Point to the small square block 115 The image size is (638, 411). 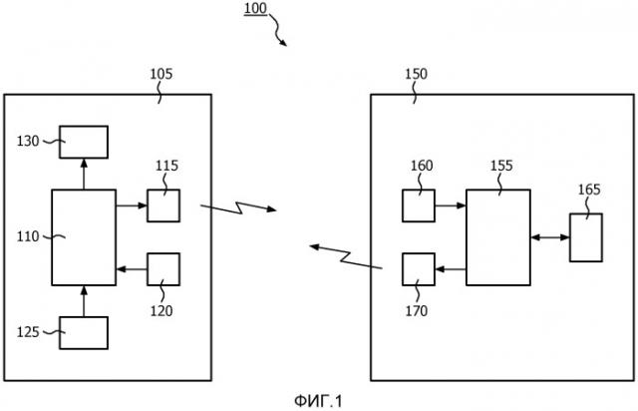click(x=163, y=205)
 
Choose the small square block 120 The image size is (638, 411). click(x=163, y=269)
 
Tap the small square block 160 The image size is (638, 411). click(x=418, y=205)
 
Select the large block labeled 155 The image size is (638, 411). click(x=497, y=236)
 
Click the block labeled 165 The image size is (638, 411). click(x=586, y=237)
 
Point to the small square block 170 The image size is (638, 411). click(x=418, y=269)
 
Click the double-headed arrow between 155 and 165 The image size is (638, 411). click(x=549, y=237)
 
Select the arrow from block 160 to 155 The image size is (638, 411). click(x=450, y=205)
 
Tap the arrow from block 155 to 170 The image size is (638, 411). click(x=450, y=269)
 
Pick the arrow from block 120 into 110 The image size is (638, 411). click(x=132, y=269)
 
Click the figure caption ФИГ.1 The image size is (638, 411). click(x=318, y=400)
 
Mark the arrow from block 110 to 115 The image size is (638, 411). click(x=132, y=205)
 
